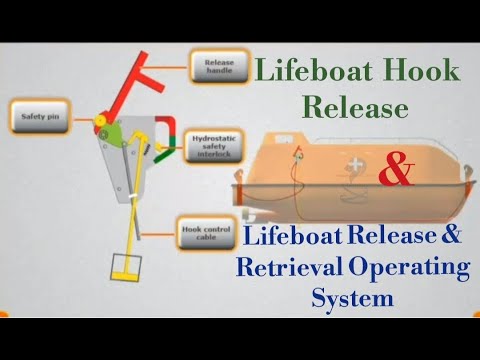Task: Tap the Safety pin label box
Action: pos(36,116)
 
